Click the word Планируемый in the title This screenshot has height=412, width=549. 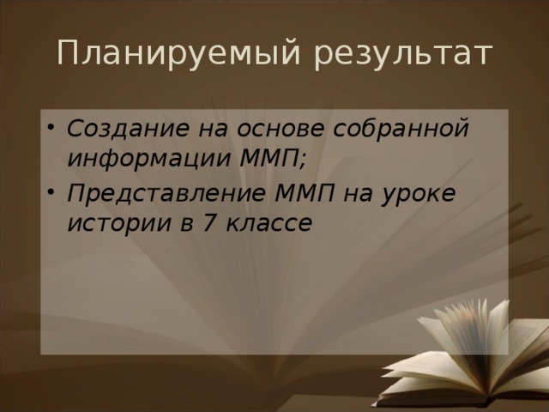click(x=178, y=53)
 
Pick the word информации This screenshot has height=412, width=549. click(x=148, y=159)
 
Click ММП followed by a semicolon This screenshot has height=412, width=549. click(x=268, y=158)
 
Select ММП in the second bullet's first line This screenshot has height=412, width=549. click(x=305, y=192)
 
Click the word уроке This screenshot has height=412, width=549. click(x=419, y=195)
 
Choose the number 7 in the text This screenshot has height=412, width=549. click(x=209, y=222)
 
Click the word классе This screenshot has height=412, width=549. click(x=268, y=223)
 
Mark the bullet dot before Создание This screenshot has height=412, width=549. click(x=51, y=127)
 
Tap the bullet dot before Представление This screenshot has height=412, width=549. click(x=51, y=192)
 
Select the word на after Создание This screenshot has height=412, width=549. click(x=213, y=129)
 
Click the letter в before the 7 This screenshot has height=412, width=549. click(x=187, y=224)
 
